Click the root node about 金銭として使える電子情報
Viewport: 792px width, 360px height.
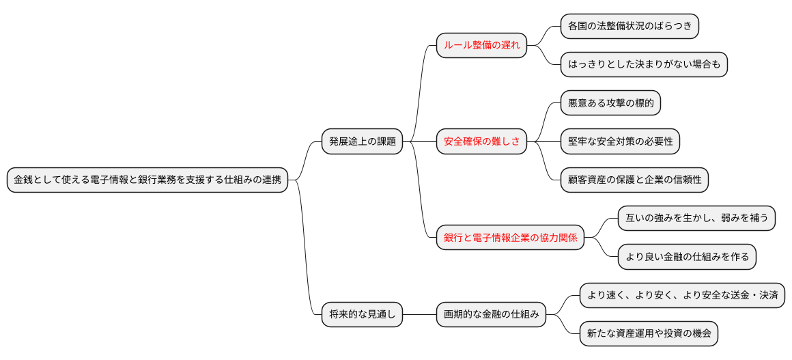click(147, 180)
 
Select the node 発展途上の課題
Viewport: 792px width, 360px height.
click(362, 142)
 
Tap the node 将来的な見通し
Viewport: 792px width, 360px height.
click(362, 315)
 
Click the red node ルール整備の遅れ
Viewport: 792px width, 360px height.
click(481, 46)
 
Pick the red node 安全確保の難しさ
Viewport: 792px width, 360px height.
click(481, 142)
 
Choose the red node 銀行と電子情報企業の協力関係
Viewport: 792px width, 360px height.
click(510, 238)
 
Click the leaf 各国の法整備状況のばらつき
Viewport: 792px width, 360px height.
click(630, 27)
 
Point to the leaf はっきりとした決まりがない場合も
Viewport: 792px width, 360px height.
click(644, 65)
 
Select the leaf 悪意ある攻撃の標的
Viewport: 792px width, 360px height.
click(610, 103)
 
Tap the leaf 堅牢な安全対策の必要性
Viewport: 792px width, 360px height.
click(620, 142)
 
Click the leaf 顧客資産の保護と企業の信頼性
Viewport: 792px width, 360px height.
click(634, 180)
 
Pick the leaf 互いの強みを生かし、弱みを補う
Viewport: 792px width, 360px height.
click(696, 219)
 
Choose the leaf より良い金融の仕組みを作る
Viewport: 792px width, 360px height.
click(687, 257)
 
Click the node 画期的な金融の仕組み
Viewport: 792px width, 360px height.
click(491, 315)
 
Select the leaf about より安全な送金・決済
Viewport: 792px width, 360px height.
click(682, 296)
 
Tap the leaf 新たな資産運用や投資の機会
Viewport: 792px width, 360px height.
click(649, 334)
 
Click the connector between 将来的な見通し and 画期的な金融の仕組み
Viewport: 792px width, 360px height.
click(419, 315)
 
